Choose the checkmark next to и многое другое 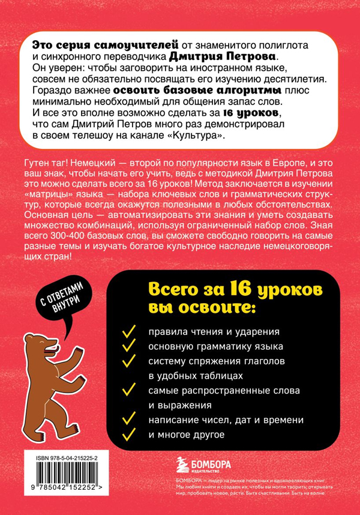point(127,434)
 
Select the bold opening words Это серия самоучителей point(105,44)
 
